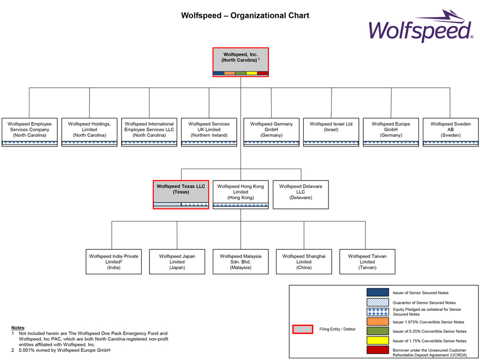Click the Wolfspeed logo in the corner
(x=421, y=27)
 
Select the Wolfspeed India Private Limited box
(x=113, y=261)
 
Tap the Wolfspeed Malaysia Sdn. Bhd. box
(x=241, y=261)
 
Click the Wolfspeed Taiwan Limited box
(x=367, y=261)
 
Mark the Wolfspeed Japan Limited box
(x=177, y=261)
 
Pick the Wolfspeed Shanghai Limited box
(x=304, y=261)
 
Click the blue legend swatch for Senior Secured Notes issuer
(x=377, y=292)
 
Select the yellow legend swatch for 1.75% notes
(x=377, y=340)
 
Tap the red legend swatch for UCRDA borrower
(x=377, y=350)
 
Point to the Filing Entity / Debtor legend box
(x=303, y=329)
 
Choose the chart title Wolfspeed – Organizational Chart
(x=245, y=15)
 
